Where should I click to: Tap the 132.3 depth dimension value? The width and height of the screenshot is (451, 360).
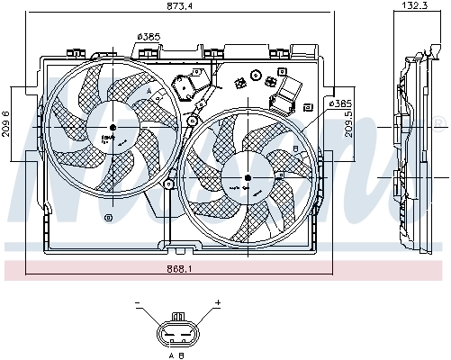tap(414, 6)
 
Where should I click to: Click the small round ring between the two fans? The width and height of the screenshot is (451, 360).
tap(192, 120)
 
